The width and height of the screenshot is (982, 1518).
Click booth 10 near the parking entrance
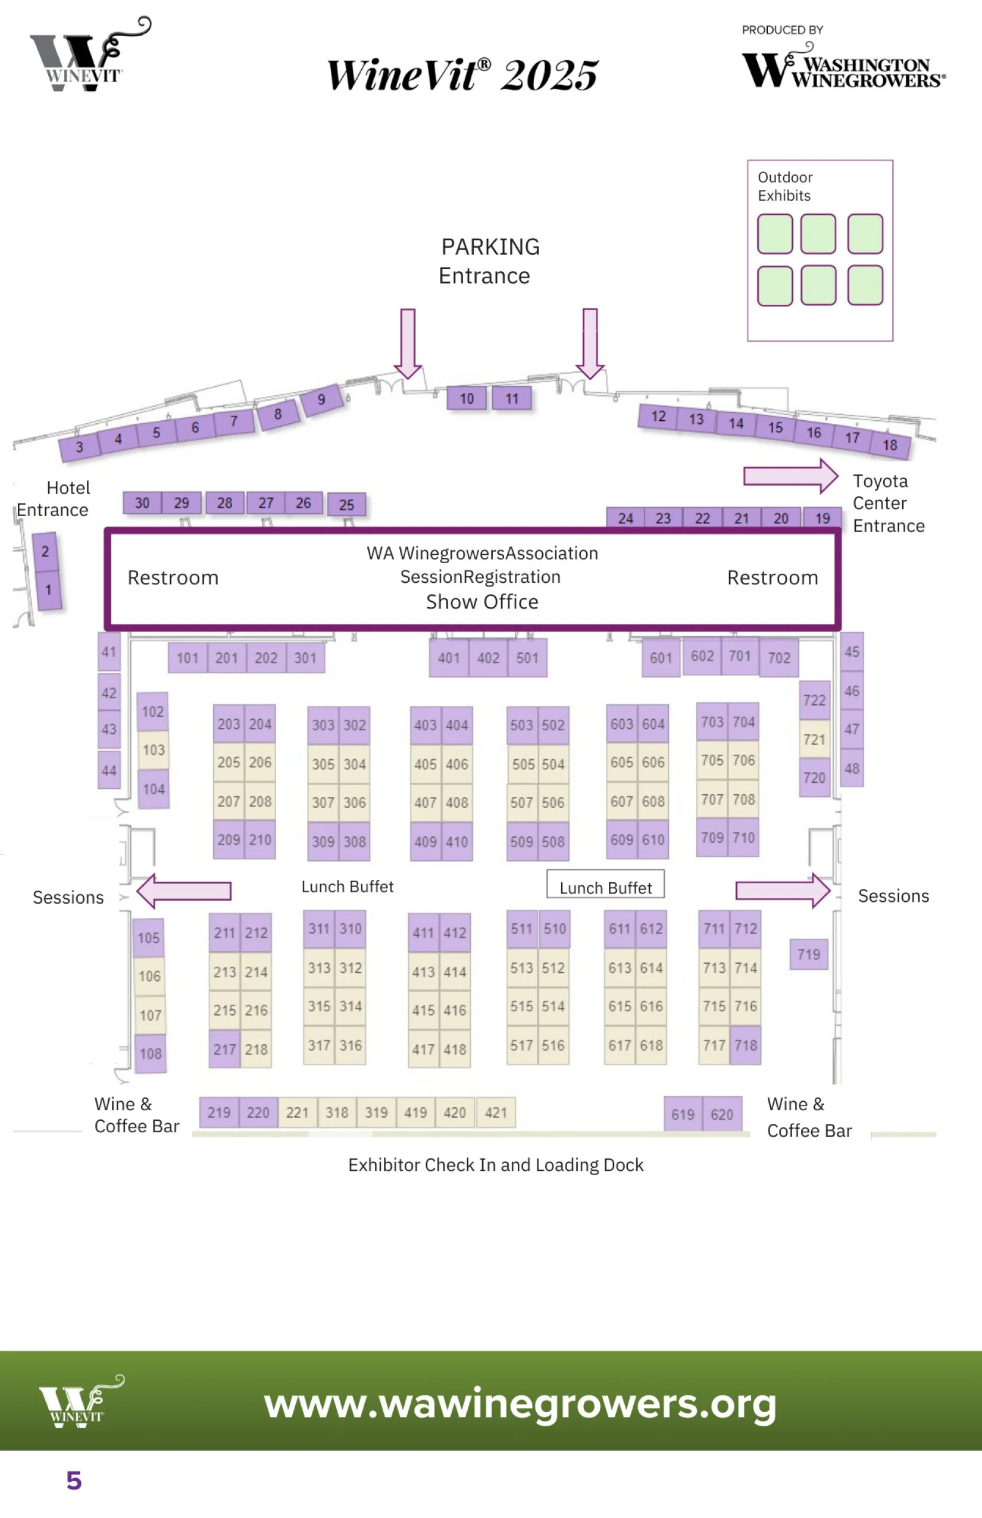[x=467, y=399]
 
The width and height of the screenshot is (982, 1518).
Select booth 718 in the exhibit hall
[x=745, y=1045]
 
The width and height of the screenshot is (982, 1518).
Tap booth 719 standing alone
[x=808, y=954]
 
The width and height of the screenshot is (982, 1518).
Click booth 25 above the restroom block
[x=346, y=505]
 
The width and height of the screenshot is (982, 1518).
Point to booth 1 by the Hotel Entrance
[x=48, y=590]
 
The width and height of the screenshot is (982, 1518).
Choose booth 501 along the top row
[x=527, y=658]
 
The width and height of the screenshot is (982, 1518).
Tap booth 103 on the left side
[x=153, y=749]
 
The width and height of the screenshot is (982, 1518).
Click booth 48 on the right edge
[x=851, y=768]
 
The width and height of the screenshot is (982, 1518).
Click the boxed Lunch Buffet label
[x=605, y=887]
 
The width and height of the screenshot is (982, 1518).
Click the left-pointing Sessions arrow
[x=184, y=891]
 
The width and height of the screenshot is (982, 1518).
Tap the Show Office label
[x=482, y=601]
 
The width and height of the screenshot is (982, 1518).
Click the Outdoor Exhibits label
[x=784, y=186]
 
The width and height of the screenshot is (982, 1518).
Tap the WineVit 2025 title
[x=462, y=74]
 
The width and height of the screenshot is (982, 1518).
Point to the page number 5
[x=74, y=1480]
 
